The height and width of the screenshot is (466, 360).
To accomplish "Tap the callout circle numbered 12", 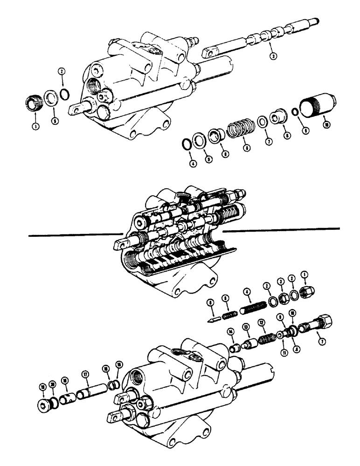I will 262,322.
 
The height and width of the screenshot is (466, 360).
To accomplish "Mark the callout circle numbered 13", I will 245,328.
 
